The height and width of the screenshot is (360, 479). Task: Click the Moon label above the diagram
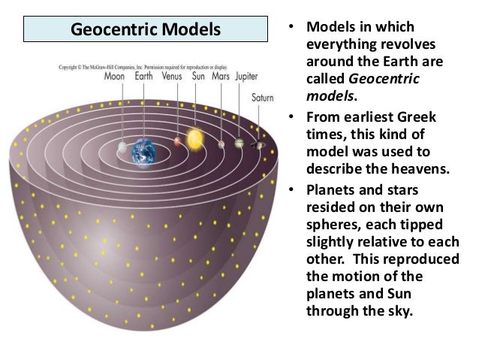115,77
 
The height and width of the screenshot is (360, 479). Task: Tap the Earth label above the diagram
143,77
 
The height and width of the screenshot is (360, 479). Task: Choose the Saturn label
262,97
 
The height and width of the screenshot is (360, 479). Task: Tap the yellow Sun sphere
195,138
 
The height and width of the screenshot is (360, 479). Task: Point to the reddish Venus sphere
178,141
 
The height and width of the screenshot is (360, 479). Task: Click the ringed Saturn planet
259,146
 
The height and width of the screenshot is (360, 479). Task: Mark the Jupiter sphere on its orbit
239,144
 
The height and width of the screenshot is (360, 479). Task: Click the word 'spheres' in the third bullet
327,223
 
